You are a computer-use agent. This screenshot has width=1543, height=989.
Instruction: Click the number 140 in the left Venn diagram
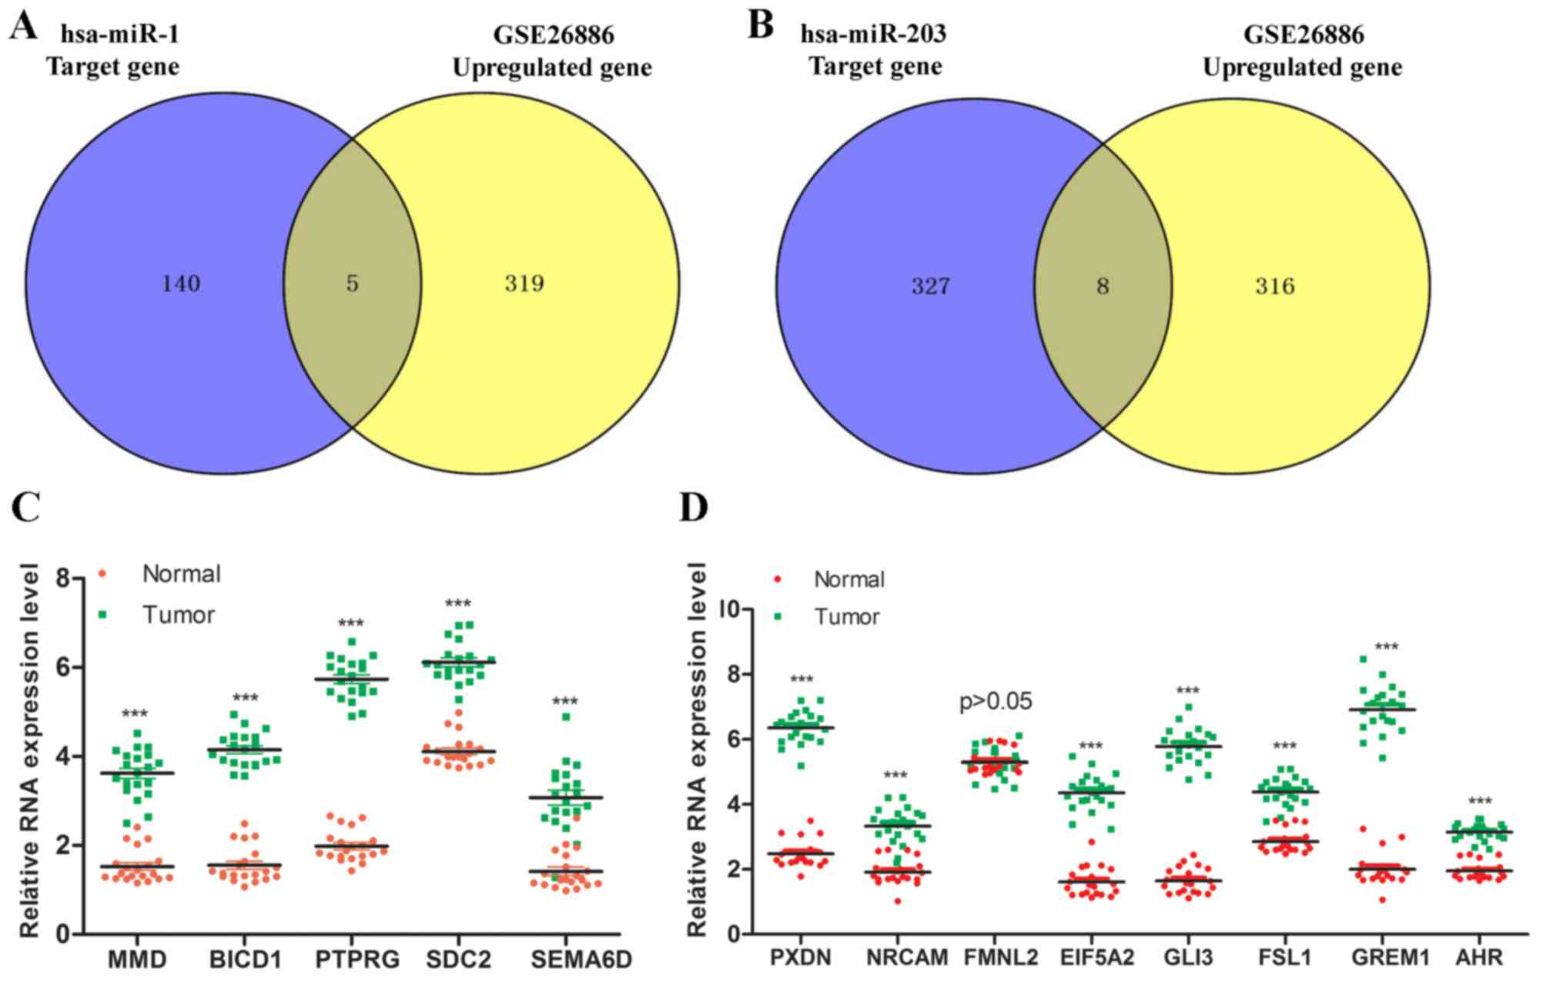[x=181, y=284]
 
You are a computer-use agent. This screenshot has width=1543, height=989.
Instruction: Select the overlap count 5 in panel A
[x=352, y=284]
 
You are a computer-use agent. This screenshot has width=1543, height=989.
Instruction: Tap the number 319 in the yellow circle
[x=524, y=284]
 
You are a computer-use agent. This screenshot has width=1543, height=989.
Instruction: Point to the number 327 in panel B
[x=931, y=287]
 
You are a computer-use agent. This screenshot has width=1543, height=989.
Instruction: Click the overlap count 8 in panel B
[x=1103, y=287]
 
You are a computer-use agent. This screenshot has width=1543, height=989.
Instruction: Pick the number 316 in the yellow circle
[x=1275, y=287]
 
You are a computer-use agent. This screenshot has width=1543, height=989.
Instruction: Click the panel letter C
[x=26, y=508]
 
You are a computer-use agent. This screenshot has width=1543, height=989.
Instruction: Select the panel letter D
[x=694, y=508]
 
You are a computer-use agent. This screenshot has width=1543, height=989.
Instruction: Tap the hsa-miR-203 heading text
[x=874, y=35]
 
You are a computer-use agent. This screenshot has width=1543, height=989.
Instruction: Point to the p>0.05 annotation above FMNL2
[x=996, y=702]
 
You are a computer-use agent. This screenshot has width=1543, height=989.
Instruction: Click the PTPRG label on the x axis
[x=357, y=960]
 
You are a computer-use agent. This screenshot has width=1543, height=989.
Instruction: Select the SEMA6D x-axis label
[x=581, y=960]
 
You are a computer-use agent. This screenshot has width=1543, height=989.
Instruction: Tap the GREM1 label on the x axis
[x=1391, y=957]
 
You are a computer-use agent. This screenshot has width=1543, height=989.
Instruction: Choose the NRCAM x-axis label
[x=907, y=957]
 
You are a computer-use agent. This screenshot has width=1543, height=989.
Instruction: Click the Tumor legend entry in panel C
[x=178, y=615]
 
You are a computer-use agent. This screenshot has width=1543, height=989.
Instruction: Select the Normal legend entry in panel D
[x=848, y=579]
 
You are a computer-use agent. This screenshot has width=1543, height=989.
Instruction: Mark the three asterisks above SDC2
[x=458, y=604]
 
